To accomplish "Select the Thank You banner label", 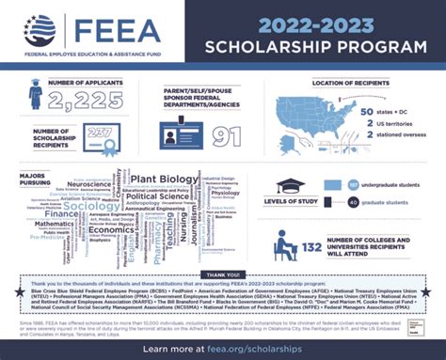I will coord(223,275).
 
